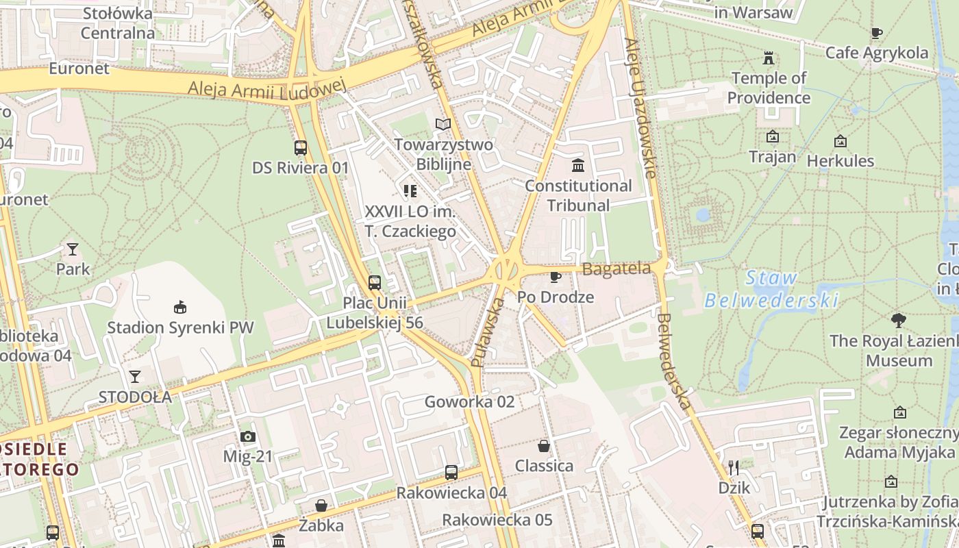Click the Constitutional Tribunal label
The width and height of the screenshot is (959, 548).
point(579,195)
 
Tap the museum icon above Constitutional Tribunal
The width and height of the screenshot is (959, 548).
point(578,165)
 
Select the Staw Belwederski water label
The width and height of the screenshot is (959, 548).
point(772,289)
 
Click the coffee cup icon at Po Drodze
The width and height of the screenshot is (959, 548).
point(555,277)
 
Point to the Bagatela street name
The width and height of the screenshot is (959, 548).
point(616,269)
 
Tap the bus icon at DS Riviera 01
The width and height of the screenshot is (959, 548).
point(300,147)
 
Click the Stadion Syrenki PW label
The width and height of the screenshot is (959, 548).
point(180,327)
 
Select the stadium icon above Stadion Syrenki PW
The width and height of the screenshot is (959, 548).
point(180,307)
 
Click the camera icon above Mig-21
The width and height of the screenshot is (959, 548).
point(247,436)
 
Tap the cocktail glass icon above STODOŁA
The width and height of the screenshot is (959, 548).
point(135,376)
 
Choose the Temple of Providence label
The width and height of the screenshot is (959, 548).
point(769,88)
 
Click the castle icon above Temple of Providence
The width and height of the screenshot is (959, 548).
point(769,58)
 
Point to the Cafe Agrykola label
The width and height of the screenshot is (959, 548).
point(877,53)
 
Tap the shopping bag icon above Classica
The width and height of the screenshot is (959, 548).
point(544,446)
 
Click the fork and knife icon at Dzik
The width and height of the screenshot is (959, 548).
point(734,468)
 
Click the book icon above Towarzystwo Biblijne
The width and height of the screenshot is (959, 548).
point(443,124)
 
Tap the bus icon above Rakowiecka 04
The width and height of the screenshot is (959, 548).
point(451,472)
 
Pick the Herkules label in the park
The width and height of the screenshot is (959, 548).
point(840,161)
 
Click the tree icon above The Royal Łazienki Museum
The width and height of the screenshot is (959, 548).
point(898,320)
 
